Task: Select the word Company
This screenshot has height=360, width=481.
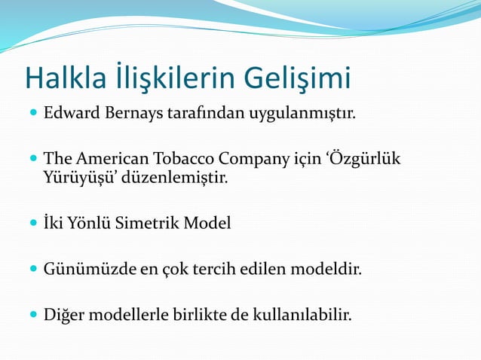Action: coord(255,160)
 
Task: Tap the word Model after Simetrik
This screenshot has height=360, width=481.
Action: coord(207,224)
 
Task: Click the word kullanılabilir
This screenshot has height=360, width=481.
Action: coord(298,313)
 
